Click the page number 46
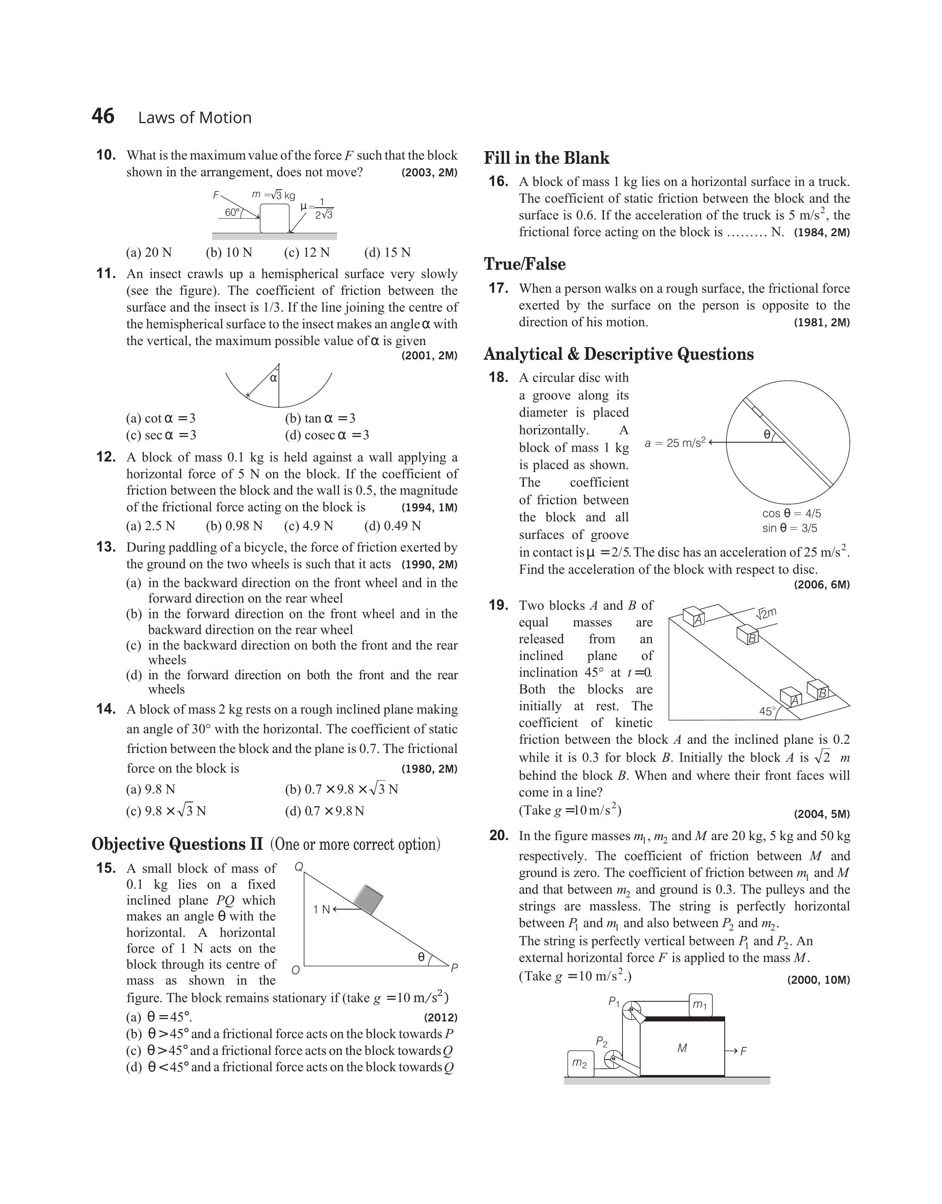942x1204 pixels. (x=103, y=116)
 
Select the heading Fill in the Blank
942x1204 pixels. (x=546, y=158)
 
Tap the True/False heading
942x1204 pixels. (x=525, y=264)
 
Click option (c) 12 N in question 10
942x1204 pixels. (x=306, y=253)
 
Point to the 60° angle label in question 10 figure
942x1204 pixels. (x=232, y=212)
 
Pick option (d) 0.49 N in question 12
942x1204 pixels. (x=392, y=526)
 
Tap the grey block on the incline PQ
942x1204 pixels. (x=368, y=899)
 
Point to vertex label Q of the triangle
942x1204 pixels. (x=299, y=867)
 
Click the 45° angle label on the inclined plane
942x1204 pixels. (x=767, y=712)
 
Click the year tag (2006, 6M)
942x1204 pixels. (x=822, y=585)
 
